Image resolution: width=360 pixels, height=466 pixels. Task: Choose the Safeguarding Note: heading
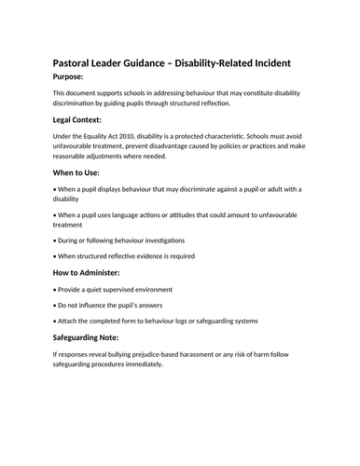[x=101, y=338]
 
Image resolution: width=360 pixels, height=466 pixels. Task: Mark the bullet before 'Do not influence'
[x=55, y=305]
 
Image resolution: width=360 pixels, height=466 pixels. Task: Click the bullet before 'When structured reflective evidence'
[x=55, y=255]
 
